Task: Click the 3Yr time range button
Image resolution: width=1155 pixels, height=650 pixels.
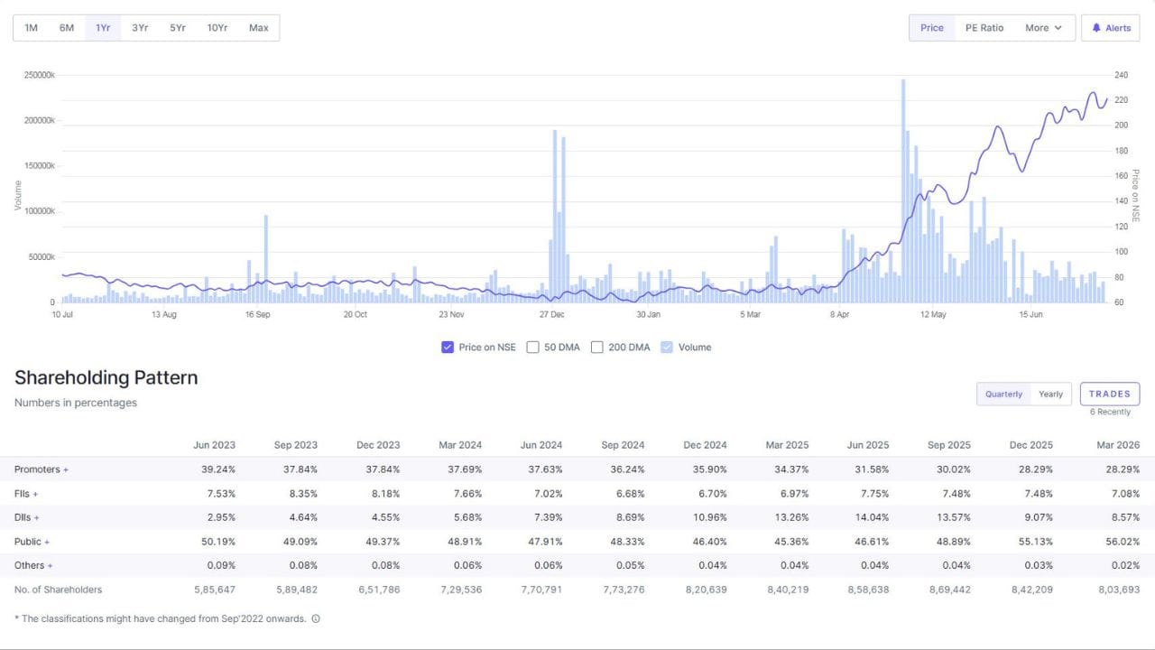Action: (140, 28)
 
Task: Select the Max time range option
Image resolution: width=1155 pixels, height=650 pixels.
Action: (258, 28)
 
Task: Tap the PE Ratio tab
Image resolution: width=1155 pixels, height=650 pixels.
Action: (984, 28)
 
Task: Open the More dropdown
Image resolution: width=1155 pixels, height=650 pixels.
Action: (1043, 28)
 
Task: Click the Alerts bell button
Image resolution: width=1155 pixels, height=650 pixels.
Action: (1110, 28)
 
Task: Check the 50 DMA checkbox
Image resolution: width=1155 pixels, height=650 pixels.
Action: (532, 348)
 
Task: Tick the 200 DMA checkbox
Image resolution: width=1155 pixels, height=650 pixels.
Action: (596, 348)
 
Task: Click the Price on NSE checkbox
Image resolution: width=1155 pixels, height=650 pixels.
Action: (447, 348)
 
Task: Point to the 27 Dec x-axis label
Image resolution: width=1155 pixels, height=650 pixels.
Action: (551, 314)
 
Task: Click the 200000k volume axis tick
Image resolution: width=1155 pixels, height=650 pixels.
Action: (39, 120)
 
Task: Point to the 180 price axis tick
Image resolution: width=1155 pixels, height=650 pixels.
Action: (1121, 151)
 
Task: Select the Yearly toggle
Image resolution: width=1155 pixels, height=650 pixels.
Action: (1050, 395)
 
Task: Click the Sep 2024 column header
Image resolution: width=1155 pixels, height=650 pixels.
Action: (623, 445)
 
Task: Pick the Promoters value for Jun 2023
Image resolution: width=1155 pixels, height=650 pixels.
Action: (218, 469)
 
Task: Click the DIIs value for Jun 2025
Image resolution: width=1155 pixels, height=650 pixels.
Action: (871, 517)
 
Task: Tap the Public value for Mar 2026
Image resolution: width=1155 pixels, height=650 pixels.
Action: (1122, 542)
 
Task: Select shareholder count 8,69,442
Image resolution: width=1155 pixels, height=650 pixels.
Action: (950, 590)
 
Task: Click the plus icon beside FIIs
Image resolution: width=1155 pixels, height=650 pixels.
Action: (35, 494)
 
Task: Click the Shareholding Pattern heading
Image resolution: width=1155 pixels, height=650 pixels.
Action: (106, 377)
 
